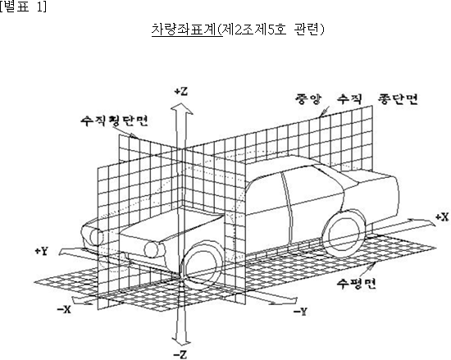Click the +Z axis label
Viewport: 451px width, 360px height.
pos(181,92)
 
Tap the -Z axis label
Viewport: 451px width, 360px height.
pos(180,354)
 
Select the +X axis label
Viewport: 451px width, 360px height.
pos(442,217)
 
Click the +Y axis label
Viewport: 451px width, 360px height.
pos(42,251)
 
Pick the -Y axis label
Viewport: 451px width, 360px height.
pos(300,312)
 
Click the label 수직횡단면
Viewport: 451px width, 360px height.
pos(114,121)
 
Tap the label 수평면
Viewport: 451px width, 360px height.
pos(357,284)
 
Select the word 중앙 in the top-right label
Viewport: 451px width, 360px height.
pos(308,98)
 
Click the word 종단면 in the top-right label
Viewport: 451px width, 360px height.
pos(398,98)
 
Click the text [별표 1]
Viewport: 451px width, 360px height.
pos(23,7)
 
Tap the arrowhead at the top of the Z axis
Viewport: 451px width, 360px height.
pos(182,109)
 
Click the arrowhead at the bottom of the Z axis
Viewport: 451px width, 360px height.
pos(181,341)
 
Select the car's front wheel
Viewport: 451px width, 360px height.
pos(202,267)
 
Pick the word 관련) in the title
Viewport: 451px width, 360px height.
pos(309,30)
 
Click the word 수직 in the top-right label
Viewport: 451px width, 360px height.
pos(349,98)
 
